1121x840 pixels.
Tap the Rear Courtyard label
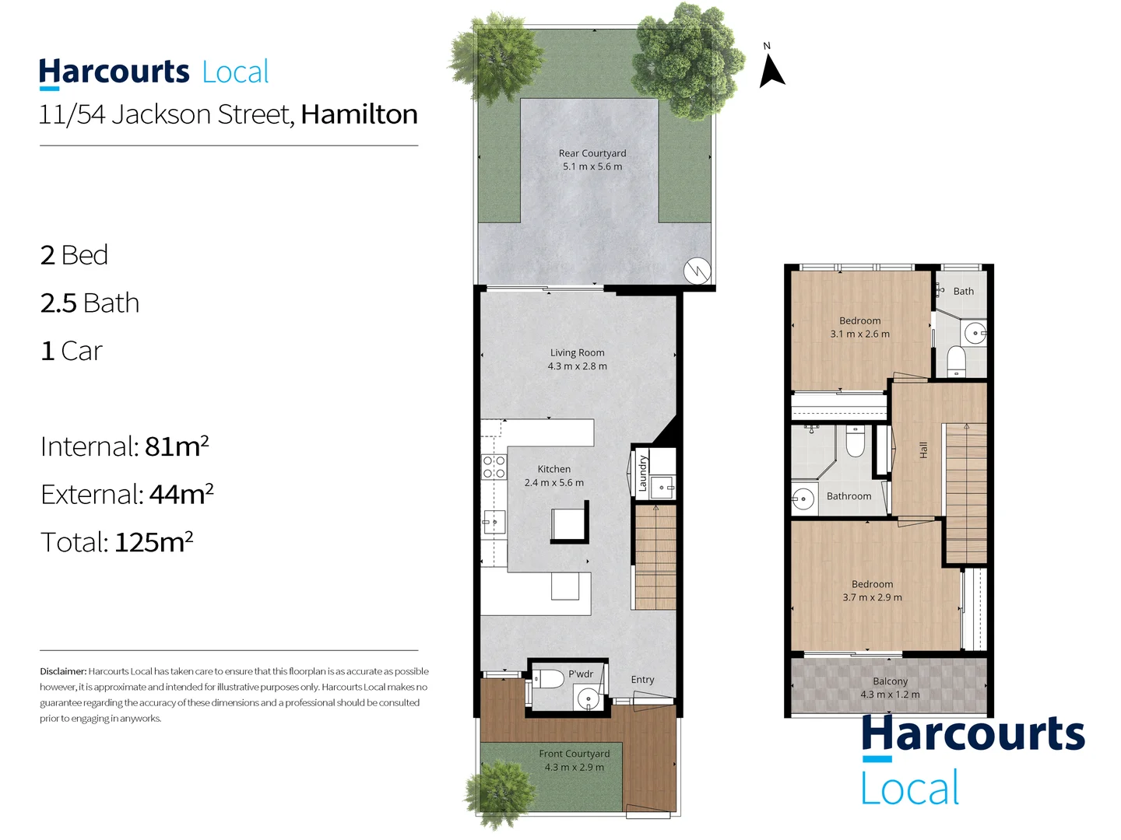592,153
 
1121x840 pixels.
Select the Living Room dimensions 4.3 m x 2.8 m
577,366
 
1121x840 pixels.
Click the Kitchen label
553,469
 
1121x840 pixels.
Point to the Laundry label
642,473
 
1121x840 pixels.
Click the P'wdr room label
581,674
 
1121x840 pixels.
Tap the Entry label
642,680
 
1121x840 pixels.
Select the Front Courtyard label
574,754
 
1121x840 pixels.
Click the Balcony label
890,681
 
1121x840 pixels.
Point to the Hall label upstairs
923,450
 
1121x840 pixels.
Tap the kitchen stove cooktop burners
494,467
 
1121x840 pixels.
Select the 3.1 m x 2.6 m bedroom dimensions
859,334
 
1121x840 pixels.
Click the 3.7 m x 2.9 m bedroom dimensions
872,598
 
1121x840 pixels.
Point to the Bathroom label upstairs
849,496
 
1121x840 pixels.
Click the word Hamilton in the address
359,114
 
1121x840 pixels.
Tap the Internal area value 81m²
177,446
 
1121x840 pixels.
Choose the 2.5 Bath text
90,303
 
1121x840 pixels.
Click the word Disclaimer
63,671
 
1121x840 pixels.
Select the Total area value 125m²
153,542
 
